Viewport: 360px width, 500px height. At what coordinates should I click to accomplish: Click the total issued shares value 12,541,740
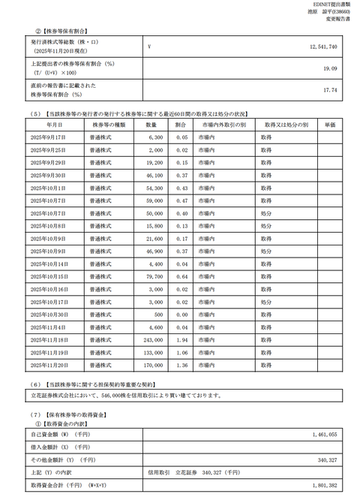click(322, 47)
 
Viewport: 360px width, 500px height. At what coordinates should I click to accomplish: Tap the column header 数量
click(151, 125)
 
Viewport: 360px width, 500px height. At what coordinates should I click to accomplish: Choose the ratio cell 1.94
click(181, 340)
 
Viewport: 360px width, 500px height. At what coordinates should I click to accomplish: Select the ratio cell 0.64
click(181, 277)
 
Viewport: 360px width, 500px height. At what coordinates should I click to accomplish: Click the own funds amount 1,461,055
click(322, 434)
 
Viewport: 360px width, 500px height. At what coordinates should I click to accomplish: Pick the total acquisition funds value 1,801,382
click(322, 486)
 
